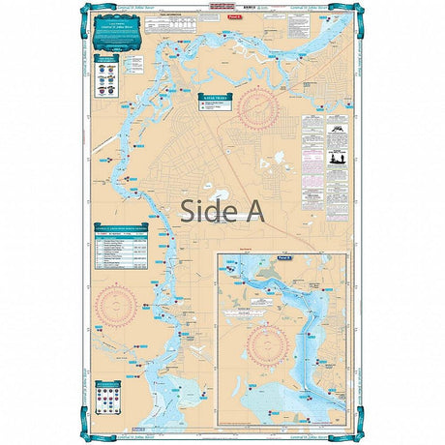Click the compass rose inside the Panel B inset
[x=268, y=344]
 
